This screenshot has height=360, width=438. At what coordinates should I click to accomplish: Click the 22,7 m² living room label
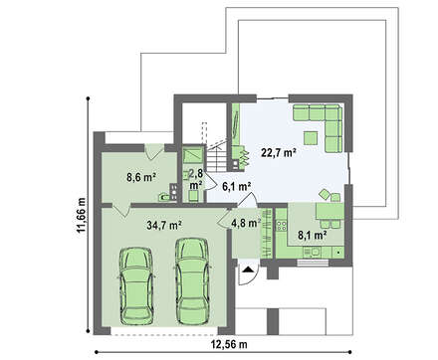pos(279,153)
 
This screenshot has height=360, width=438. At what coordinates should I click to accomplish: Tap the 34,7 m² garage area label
pos(164,226)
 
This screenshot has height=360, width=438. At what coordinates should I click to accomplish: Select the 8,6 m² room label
pos(141,177)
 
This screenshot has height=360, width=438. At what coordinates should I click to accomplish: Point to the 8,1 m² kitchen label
pos(312,236)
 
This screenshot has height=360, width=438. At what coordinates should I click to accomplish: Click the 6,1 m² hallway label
pos(236,187)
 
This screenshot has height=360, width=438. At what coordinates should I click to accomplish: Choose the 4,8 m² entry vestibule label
pos(246,223)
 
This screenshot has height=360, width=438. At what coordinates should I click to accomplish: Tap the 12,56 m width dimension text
pos(229,345)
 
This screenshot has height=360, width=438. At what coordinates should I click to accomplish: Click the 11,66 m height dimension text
pos(82,216)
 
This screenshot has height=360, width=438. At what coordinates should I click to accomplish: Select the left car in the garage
pos(136,285)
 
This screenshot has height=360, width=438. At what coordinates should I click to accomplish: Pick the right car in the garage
pos(192,281)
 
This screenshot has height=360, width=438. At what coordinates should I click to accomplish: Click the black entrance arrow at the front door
pos(247,270)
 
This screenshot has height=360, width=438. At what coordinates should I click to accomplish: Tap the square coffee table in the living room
pos(312,138)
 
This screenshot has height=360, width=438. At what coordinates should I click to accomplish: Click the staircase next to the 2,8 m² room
pos(217,158)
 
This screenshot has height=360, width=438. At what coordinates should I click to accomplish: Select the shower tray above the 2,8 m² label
pos(193,155)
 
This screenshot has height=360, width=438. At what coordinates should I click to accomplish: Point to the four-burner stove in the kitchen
pos(282,226)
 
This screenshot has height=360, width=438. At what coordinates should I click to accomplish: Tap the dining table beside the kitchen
pos(329,211)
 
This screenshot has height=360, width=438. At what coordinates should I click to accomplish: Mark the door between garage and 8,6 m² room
pos(120,210)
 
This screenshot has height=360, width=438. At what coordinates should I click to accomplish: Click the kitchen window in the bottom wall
pos(313,263)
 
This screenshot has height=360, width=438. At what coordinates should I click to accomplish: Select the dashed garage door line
pos(164,335)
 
